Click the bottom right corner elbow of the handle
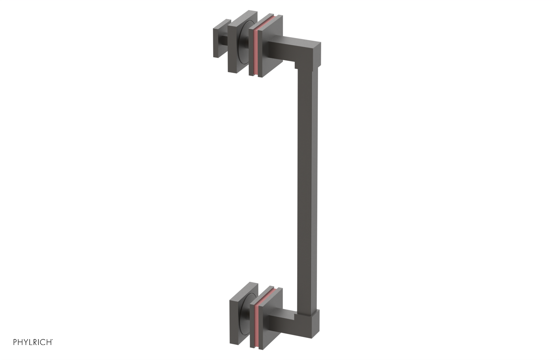(x=309, y=321)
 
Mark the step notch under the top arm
(x=296, y=67)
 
